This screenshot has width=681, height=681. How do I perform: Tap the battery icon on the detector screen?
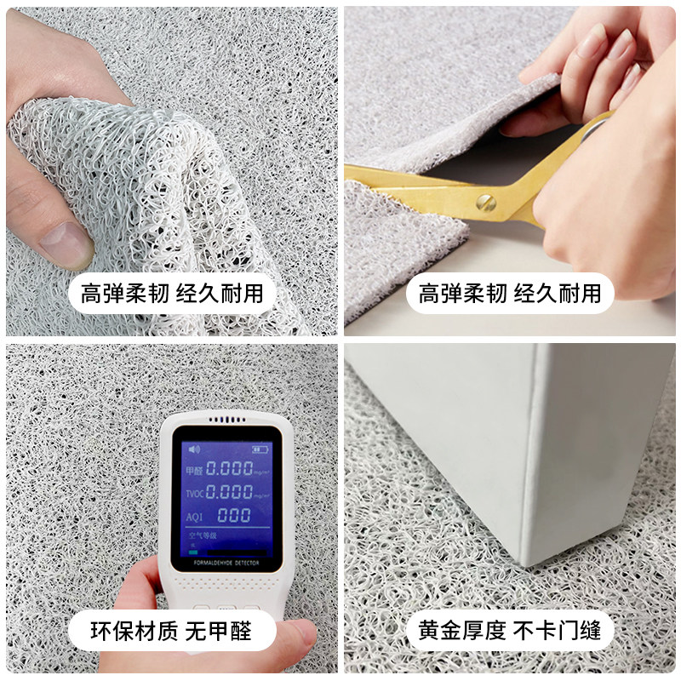click(253, 449)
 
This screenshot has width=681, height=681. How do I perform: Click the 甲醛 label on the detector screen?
click(194, 469)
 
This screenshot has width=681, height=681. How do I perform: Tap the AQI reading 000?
click(234, 515)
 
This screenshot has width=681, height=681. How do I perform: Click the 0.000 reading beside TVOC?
click(231, 491)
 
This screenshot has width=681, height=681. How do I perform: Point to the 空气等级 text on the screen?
click(204, 536)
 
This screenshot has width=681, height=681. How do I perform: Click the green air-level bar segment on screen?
click(195, 550)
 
